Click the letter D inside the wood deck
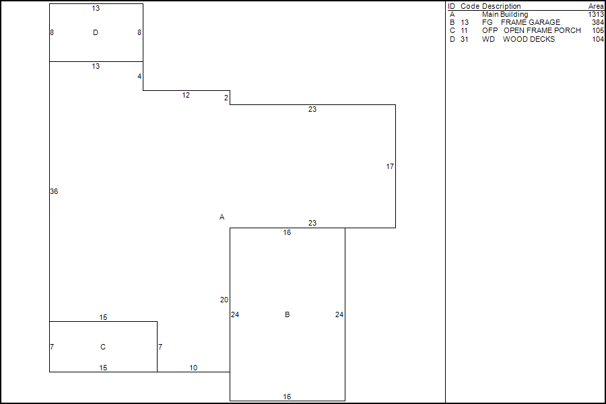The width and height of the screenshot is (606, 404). coord(96,32)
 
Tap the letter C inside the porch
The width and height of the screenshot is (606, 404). coord(103,347)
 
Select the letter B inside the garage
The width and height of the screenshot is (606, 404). coord(288,314)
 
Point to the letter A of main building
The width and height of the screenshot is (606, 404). coord(222,217)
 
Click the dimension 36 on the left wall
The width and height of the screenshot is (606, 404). coord(54,191)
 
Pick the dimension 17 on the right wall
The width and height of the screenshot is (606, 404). coord(390,166)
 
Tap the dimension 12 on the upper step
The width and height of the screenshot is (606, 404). coord(186,95)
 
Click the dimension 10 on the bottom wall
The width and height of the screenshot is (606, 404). coord(193,368)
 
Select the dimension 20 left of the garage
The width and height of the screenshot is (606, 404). coord(224,300)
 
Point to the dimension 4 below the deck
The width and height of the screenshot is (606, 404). coord(139,76)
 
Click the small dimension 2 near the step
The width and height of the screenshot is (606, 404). coord(226,98)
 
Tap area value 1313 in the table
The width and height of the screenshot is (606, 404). coord(595,14)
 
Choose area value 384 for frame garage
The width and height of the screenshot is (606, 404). coord(597,22)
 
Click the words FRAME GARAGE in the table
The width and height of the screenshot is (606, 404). coord(530,22)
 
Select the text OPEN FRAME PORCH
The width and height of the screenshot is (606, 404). coord(542,30)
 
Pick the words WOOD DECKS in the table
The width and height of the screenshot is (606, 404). coord(529,39)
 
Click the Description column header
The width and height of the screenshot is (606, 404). coord(501,6)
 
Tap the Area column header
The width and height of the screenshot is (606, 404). coord(596,6)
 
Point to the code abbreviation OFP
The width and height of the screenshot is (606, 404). coord(490,30)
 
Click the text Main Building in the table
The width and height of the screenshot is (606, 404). coord(505,14)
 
